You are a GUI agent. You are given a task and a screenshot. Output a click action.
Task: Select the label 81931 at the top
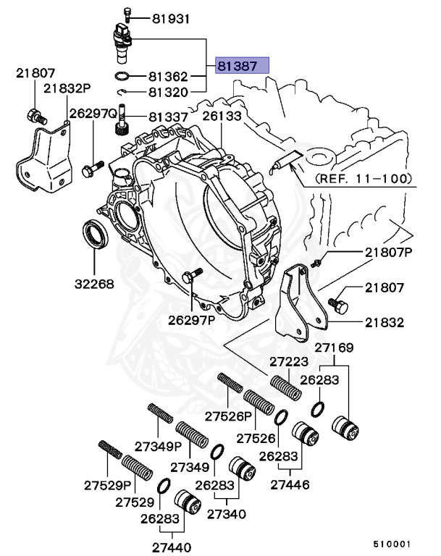tap(171, 19)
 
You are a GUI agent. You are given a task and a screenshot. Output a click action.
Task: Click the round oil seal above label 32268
tap(96, 235)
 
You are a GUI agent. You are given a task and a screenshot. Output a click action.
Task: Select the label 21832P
tap(67, 88)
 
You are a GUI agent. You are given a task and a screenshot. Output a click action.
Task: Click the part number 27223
tap(290, 361)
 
